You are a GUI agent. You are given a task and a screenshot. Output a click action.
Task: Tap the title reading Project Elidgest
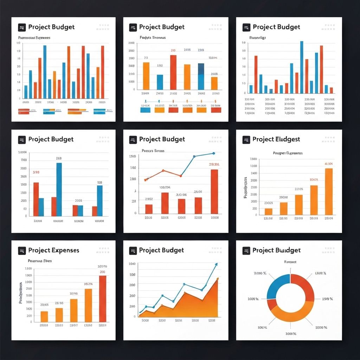[276, 139]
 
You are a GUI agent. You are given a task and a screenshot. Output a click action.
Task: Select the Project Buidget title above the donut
[276, 250]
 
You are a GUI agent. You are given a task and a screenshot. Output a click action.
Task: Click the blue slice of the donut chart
[277, 286]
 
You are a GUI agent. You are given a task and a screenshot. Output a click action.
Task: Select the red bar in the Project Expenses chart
[102, 299]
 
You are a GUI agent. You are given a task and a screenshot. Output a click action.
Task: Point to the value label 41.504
[329, 163]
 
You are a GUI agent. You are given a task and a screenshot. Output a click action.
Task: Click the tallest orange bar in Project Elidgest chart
[329, 192]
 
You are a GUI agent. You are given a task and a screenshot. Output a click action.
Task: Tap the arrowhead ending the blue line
[216, 264]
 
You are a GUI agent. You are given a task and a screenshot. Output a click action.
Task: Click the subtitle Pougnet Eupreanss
[288, 153]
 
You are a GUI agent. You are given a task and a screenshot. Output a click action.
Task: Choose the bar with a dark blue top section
[201, 76]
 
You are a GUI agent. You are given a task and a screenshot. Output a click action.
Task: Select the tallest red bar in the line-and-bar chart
[214, 192]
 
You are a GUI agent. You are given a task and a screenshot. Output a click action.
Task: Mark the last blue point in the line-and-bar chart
[213, 153]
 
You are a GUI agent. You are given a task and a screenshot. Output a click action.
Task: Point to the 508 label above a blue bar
[99, 182]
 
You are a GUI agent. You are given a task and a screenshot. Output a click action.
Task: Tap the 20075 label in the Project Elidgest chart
[314, 180]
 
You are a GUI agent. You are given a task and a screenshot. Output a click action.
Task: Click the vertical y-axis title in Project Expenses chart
[21, 292]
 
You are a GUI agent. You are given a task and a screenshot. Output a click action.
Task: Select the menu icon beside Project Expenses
[22, 251]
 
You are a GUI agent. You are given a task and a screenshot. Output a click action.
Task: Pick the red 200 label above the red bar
[102, 272]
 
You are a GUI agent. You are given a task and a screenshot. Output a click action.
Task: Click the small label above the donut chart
[290, 262]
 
